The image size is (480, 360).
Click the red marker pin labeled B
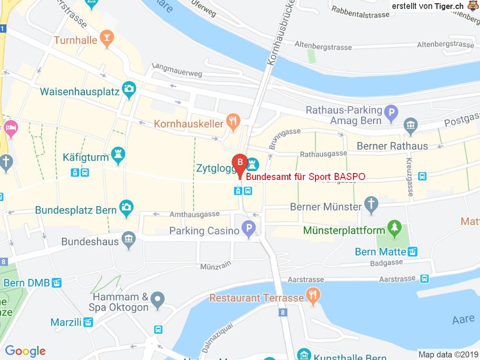(x=240, y=163)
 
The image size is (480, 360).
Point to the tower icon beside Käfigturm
(x=118, y=155)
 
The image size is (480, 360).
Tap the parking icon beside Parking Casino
(x=249, y=230)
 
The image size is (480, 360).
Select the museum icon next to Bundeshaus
(x=128, y=241)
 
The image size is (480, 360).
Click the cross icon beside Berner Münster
(x=371, y=205)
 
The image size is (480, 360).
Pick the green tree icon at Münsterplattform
(x=394, y=229)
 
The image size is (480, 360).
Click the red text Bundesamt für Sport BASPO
(x=306, y=177)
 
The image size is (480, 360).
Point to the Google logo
(x=25, y=351)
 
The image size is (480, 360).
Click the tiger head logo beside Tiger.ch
(x=472, y=6)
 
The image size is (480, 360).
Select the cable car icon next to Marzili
(x=88, y=322)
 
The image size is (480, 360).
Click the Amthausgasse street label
(x=195, y=214)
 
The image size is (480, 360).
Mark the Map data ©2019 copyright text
(x=448, y=355)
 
